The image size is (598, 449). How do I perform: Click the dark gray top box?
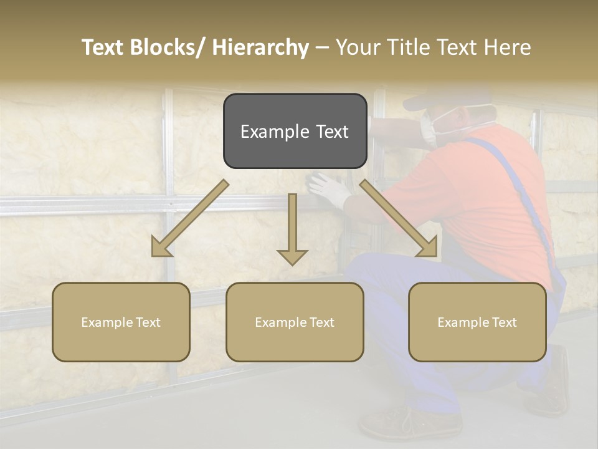click(x=295, y=131)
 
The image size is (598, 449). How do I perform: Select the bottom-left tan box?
click(x=121, y=322)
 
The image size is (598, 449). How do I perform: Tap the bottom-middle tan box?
click(x=295, y=322)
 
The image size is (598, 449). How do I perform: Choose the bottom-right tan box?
click(x=477, y=322)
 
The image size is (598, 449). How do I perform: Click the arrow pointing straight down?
click(x=292, y=231)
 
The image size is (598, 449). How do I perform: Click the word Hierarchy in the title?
click(x=260, y=47)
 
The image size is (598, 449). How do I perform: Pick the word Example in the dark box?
click(x=272, y=132)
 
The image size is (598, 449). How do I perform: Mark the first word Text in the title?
click(x=103, y=47)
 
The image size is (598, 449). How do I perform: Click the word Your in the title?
click(x=357, y=47)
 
